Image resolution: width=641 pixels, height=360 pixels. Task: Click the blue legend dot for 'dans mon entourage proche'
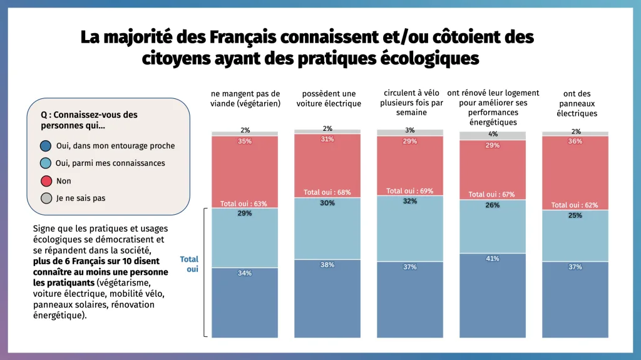pos(46,146)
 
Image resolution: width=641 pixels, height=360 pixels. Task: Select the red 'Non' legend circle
pos(46,181)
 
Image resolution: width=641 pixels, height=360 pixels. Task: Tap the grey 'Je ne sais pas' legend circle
pos(46,198)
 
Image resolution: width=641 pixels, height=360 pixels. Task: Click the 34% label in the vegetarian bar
pos(245,273)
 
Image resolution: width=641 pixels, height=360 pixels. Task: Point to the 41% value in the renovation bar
pos(493,259)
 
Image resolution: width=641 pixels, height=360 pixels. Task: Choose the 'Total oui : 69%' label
pos(409,191)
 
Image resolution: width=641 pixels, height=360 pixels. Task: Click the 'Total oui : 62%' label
pos(575,205)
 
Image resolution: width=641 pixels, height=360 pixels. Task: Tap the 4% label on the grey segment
pos(493,134)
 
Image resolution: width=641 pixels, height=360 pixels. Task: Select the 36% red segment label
pos(575,141)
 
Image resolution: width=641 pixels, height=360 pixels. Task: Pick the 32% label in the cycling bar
pos(410,202)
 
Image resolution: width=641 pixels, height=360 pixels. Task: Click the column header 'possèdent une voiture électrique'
pos(328,99)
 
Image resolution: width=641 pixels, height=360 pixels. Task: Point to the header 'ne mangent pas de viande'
pos(245,99)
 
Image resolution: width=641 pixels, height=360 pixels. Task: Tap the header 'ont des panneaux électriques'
pos(575,103)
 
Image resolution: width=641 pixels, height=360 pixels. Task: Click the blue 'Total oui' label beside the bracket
pos(189,264)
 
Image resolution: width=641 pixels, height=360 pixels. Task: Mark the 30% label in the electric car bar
pos(327,203)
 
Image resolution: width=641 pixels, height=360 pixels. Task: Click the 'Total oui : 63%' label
pos(244,203)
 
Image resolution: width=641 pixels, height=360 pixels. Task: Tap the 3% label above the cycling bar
pos(410,130)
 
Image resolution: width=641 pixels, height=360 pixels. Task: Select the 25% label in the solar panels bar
pos(575,215)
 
